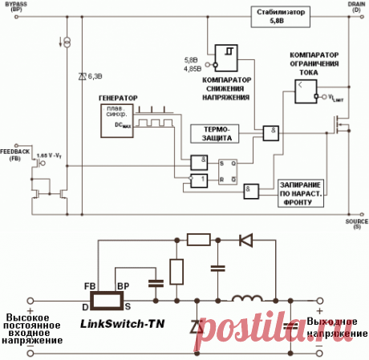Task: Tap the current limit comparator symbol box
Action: point(304,95)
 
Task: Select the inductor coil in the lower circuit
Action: point(247,300)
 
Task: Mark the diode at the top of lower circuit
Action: point(246,238)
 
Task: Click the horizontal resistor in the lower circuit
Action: point(197,238)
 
